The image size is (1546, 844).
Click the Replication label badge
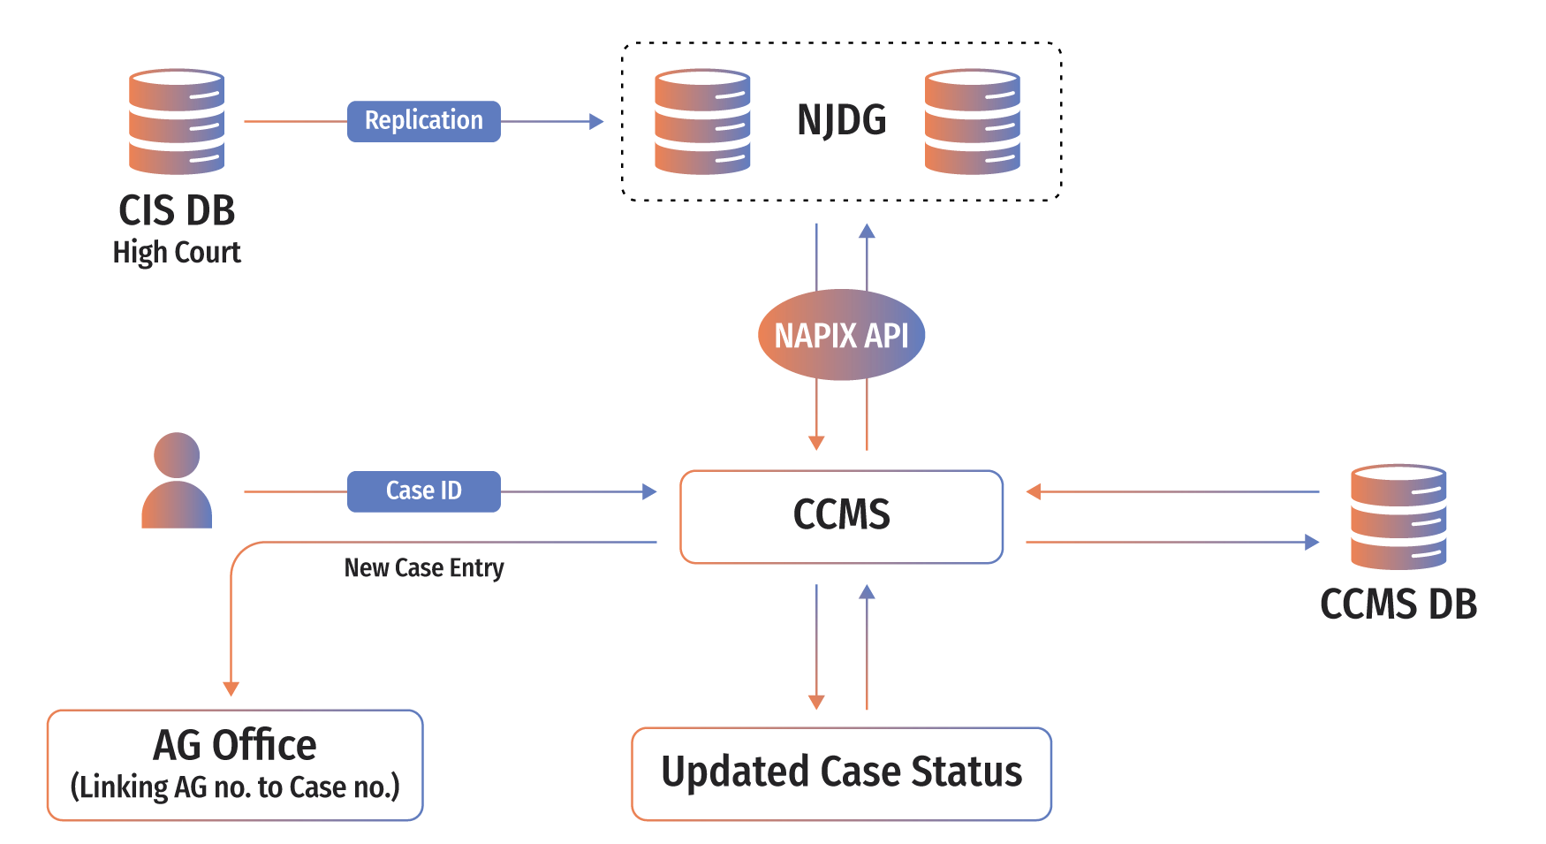423,121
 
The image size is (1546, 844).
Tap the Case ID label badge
423,491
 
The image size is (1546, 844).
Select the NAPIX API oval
841,335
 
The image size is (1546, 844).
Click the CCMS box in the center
841,516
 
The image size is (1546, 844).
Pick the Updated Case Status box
841,773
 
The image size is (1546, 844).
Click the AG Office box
235,764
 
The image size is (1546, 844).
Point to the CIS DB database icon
177,121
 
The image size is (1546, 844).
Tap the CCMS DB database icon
1398,516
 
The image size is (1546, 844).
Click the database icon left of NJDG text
702,121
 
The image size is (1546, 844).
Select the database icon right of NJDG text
972,121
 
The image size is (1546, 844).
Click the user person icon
177,481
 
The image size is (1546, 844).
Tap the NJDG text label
841,120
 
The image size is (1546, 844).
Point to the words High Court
177,253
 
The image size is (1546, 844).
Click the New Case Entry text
423,567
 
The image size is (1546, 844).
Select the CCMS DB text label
1398,604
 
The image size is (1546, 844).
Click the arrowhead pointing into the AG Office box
231,688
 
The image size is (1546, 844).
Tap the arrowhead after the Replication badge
597,121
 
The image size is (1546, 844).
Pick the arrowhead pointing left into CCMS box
1033,491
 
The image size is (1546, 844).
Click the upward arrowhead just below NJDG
867,232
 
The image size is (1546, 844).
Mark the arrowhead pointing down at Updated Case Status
816,702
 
